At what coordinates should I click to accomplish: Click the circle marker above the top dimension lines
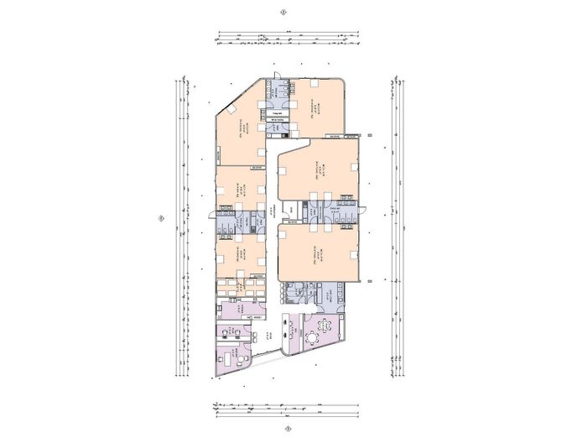point(284,13)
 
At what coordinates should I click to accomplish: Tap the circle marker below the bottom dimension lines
point(288,427)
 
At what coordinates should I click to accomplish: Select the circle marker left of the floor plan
point(160,219)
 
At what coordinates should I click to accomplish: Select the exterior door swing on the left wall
point(212,216)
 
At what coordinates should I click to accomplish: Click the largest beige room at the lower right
point(319,252)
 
